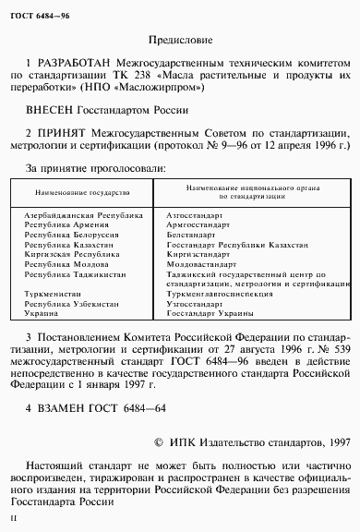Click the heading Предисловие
coord(179,41)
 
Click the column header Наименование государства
coord(78,192)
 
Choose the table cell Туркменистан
coord(49,295)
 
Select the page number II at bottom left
coord(14,520)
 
